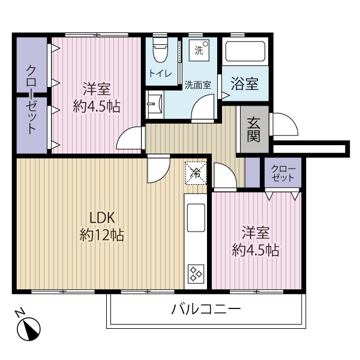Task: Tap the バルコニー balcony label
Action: pyautogui.click(x=206, y=310)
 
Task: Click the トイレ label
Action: pyautogui.click(x=161, y=74)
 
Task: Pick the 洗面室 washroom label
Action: pyautogui.click(x=197, y=85)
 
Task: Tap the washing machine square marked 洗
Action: pyautogui.click(x=199, y=50)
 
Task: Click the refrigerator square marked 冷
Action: pyautogui.click(x=195, y=172)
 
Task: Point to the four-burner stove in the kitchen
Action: pyautogui.click(x=196, y=274)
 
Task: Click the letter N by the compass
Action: pyautogui.click(x=19, y=314)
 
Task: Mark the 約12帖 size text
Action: pyautogui.click(x=102, y=235)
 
